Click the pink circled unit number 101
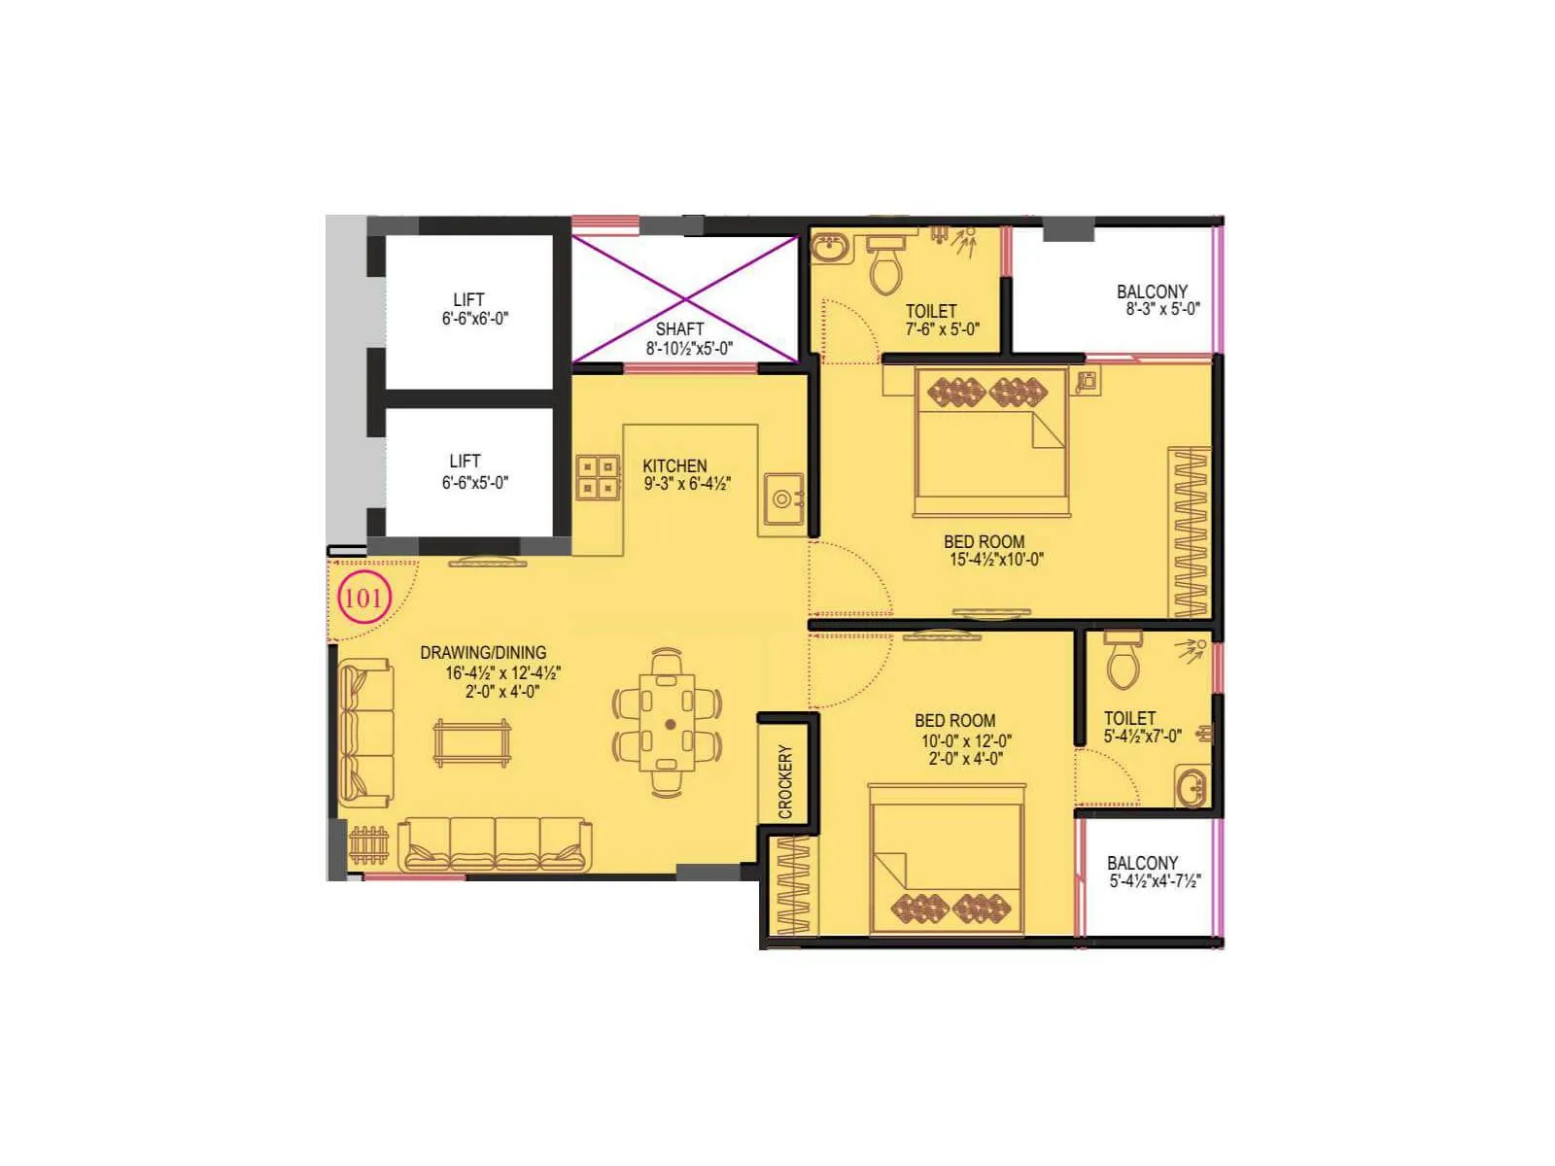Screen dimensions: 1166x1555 [363, 598]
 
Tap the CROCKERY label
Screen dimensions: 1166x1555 [785, 780]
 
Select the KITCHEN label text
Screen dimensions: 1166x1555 [674, 465]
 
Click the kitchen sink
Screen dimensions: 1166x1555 [783, 499]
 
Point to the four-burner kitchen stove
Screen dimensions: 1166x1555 [598, 476]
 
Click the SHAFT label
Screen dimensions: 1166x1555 [679, 328]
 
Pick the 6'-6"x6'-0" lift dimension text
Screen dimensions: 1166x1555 [475, 318]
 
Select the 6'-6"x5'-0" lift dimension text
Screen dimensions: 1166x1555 [474, 482]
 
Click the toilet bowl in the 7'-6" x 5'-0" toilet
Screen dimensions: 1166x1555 [885, 265]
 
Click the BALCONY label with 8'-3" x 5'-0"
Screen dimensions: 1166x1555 [1152, 291]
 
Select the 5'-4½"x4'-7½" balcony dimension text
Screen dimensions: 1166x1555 [1155, 881]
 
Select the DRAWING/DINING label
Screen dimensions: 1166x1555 [483, 653]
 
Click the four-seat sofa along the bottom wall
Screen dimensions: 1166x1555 [496, 843]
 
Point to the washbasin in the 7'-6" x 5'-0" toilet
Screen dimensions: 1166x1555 [829, 249]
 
